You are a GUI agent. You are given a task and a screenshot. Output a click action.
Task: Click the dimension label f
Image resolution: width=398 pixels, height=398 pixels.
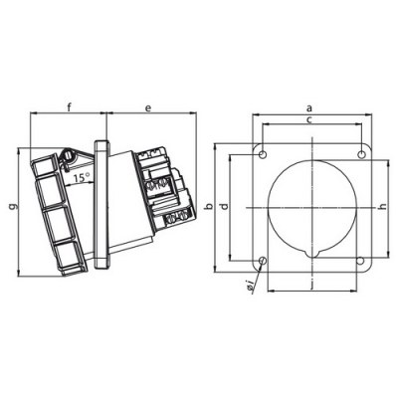68,104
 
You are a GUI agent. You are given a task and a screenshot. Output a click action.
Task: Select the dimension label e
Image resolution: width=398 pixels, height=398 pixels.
147,104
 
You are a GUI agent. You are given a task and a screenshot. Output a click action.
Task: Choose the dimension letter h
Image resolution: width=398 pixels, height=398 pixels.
383,206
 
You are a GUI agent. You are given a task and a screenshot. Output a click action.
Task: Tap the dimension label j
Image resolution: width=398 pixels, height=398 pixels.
310,285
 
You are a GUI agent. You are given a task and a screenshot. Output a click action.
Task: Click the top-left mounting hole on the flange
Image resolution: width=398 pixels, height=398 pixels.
263,153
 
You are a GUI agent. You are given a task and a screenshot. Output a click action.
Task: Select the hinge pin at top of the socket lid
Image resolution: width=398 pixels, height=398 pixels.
66,156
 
